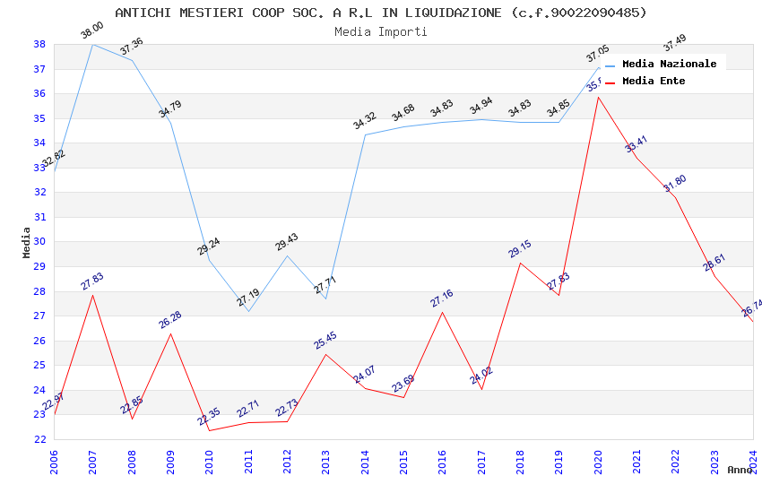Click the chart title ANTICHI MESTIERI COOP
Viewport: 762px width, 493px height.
(x=380, y=13)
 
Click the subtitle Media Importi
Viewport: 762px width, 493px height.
(x=380, y=32)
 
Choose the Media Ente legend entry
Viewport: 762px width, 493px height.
(x=654, y=82)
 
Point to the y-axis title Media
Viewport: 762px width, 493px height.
(x=26, y=242)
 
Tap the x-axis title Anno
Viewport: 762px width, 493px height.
(x=740, y=470)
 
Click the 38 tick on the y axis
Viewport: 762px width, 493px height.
(x=39, y=44)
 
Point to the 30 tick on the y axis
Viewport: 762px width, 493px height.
(x=39, y=242)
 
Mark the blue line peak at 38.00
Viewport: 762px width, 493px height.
(x=92, y=44)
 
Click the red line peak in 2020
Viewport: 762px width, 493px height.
(x=598, y=97)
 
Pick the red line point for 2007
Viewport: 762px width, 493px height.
(x=92, y=295)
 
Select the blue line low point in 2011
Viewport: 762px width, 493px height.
(x=248, y=311)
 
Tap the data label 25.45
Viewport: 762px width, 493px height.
(x=325, y=341)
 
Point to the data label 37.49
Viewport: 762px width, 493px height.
(x=674, y=42)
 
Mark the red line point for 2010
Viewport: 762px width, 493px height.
(x=209, y=430)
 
